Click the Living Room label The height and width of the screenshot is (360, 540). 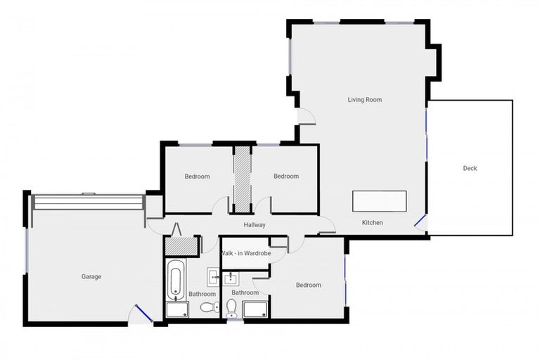tap(364, 100)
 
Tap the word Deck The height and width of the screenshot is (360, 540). tap(470, 168)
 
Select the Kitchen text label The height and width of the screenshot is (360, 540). tap(372, 223)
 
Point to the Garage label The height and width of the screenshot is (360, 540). tap(91, 276)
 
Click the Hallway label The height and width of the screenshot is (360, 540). tap(254, 225)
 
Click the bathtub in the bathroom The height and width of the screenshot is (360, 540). tap(176, 277)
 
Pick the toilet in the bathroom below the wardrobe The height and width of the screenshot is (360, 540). tap(231, 307)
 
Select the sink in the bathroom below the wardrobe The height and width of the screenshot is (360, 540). tap(231, 277)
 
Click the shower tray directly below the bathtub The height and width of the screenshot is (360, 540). tap(177, 309)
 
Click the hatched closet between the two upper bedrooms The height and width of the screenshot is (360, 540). tap(243, 179)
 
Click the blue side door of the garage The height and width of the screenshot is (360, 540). tap(143, 313)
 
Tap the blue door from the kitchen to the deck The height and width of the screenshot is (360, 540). tap(420, 224)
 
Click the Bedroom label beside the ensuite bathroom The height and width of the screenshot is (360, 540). tap(308, 285)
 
